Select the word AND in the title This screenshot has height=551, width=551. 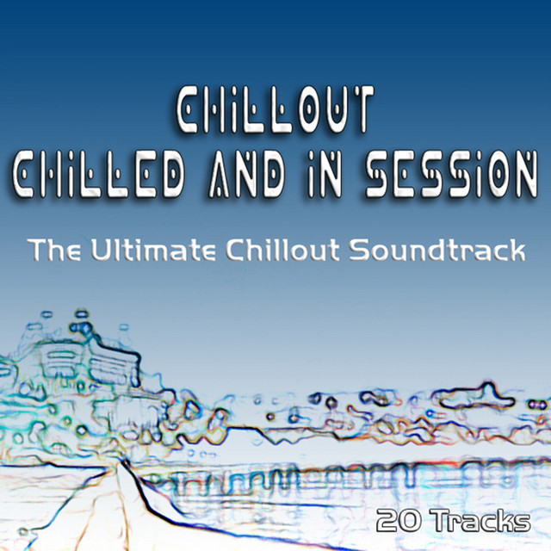[x=247, y=175]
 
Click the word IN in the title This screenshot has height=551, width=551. [x=325, y=175]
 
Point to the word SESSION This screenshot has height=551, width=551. [x=451, y=175]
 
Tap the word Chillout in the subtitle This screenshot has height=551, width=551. [x=282, y=250]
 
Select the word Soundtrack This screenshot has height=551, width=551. [x=437, y=250]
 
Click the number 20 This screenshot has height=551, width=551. [x=399, y=521]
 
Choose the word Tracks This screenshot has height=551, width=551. [x=482, y=521]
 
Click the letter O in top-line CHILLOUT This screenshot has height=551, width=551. [x=308, y=109]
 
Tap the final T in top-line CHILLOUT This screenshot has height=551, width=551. [x=362, y=109]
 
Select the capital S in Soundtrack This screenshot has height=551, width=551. [x=360, y=250]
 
